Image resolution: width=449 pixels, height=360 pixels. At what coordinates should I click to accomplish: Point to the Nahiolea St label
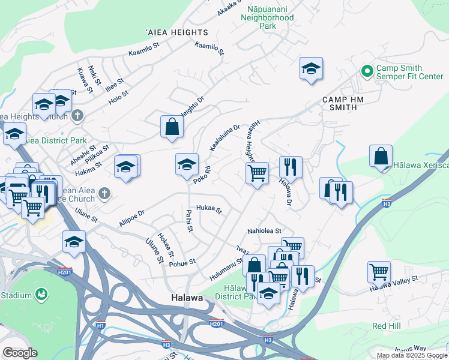265,231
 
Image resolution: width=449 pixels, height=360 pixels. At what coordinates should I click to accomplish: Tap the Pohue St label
183,263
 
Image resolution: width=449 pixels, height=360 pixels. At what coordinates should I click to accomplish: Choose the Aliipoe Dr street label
132,218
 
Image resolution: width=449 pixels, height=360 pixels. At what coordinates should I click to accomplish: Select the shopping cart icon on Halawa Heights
257,173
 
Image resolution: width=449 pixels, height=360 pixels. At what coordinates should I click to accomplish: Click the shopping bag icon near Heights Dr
172,127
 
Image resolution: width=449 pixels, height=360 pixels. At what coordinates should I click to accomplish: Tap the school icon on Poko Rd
187,164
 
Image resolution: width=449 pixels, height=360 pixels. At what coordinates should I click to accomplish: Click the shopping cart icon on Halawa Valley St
379,271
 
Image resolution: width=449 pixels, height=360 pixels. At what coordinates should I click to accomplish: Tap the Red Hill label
386,326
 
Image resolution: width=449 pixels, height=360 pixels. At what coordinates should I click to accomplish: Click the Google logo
20,353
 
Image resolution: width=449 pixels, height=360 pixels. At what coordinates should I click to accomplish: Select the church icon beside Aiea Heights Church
77,115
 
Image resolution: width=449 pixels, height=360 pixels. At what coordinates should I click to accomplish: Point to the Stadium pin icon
41,295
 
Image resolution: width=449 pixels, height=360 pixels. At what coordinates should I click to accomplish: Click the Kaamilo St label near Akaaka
209,49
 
